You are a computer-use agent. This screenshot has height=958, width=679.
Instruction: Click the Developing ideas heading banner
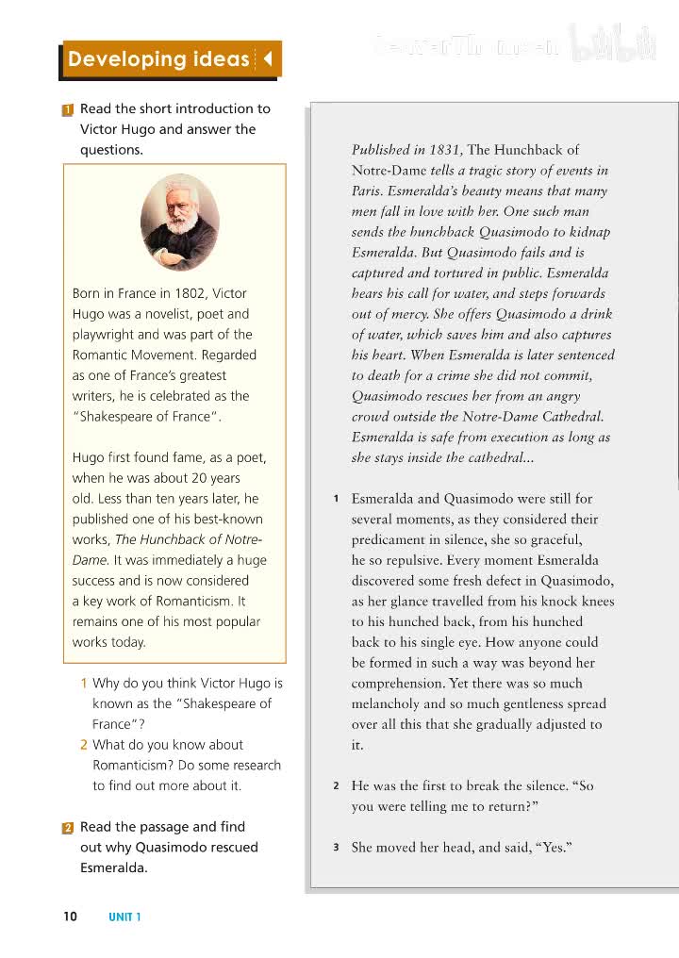[158, 59]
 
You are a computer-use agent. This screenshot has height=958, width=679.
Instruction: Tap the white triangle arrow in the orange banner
[267, 59]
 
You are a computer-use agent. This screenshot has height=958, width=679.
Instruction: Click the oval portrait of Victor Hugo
[179, 223]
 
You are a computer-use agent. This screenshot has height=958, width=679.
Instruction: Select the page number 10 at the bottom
[71, 917]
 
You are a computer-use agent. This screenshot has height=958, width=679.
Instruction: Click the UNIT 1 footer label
[124, 917]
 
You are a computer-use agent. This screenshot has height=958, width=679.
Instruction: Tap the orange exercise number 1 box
[68, 109]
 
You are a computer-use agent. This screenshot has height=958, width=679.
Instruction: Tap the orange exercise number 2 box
[68, 828]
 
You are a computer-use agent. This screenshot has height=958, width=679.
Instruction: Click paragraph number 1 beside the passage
[336, 499]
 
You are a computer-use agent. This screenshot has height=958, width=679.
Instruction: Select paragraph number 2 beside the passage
[336, 786]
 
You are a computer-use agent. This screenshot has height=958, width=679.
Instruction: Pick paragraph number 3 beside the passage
[336, 848]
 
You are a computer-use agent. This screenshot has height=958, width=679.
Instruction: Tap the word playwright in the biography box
[104, 335]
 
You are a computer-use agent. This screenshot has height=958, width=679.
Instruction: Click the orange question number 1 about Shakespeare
[84, 684]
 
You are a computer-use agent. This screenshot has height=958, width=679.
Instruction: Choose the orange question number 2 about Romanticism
[84, 745]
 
